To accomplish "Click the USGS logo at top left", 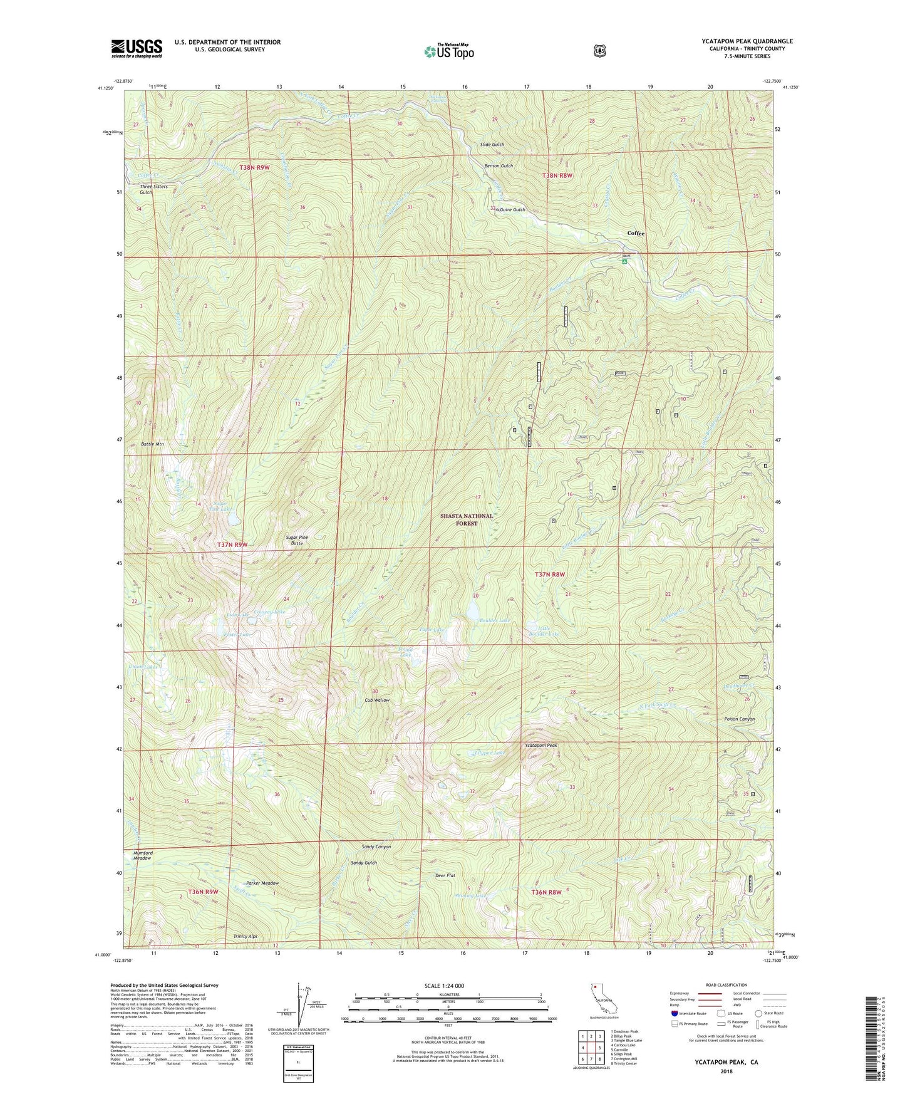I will click(x=137, y=48).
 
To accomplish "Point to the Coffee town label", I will click(x=636, y=233).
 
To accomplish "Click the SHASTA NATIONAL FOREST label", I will click(x=466, y=519).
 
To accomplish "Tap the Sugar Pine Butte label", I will click(x=297, y=541).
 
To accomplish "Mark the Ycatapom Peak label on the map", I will click(x=540, y=746).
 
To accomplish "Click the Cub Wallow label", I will click(x=377, y=700).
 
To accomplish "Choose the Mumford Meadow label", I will click(x=142, y=855).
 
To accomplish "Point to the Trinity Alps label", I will click(x=245, y=936).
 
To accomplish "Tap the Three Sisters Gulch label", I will click(x=153, y=189).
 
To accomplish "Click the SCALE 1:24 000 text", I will click(x=444, y=986).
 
